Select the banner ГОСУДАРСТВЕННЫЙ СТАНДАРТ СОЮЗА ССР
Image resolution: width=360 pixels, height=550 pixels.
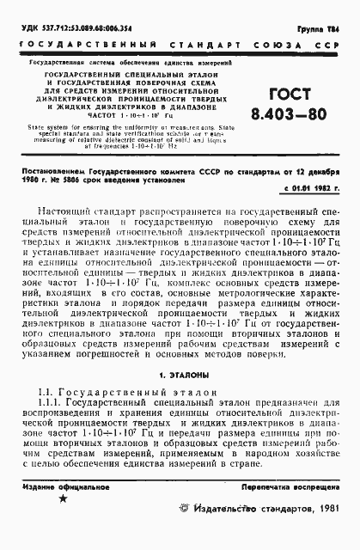pos(180,42)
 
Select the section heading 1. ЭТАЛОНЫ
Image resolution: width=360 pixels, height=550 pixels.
pos(180,376)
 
